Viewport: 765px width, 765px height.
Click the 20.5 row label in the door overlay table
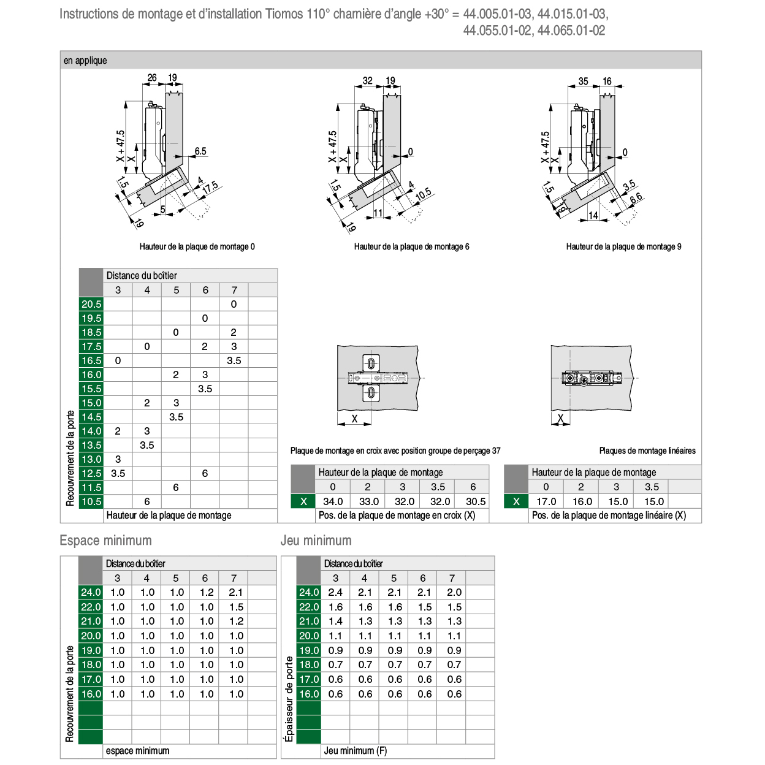click(91, 304)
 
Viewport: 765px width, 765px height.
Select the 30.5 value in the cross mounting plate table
click(475, 501)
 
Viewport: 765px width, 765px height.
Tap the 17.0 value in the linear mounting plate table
click(546, 501)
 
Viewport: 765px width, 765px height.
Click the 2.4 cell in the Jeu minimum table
click(335, 592)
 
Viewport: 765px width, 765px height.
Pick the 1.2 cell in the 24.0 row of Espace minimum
click(207, 592)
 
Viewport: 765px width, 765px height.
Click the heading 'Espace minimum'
click(105, 540)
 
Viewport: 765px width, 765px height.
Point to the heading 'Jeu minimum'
click(316, 540)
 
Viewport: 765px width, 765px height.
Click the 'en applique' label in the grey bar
click(85, 60)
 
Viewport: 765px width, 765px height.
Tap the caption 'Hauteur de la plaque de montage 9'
click(623, 246)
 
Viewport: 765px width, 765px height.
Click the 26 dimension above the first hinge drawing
click(152, 77)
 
